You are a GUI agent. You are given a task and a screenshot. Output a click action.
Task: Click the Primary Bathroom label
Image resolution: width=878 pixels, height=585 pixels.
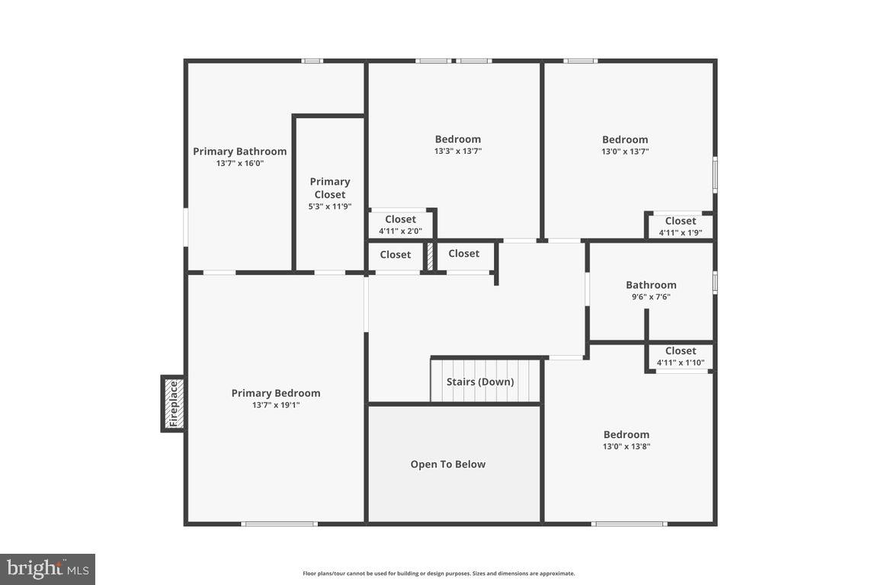tap(239, 151)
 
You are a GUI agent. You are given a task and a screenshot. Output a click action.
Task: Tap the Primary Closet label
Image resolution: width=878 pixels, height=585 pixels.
tap(330, 187)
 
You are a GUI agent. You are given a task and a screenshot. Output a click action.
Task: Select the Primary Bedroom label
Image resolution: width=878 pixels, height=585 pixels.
tap(276, 393)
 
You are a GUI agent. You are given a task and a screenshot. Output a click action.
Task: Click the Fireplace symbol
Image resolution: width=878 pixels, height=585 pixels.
tap(173, 404)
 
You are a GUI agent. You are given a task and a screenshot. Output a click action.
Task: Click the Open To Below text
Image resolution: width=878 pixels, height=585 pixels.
tap(447, 464)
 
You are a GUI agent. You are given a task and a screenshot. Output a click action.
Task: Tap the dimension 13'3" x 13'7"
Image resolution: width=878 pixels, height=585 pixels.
tap(457, 152)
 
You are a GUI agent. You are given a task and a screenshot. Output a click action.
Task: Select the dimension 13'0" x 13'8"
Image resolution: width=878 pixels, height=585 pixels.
tap(626, 447)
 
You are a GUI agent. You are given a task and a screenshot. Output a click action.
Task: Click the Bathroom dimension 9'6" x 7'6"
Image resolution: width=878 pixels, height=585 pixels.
tap(651, 297)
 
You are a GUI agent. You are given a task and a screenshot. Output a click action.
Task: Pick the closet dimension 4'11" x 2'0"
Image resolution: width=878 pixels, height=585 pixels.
tap(400, 232)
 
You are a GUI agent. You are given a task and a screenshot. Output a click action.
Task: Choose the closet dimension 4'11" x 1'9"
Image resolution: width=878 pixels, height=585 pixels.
tap(680, 233)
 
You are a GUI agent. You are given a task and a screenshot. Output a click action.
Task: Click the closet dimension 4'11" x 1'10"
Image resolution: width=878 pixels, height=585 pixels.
tap(680, 363)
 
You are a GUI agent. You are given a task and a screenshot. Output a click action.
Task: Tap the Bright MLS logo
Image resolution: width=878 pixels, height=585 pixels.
tap(47, 568)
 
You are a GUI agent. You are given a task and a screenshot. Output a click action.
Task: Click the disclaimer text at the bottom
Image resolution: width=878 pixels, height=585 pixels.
tap(439, 574)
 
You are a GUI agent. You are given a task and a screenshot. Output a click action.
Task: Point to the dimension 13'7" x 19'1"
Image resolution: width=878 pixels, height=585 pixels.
tap(276, 405)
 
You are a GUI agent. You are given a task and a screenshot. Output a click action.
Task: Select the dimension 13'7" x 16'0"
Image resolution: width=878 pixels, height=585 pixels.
tap(239, 163)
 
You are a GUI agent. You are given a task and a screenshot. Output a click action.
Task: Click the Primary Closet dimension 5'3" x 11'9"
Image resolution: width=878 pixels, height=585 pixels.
tap(330, 206)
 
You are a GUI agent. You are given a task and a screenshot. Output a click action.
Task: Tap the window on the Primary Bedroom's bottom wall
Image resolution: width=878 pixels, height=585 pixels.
tap(279, 523)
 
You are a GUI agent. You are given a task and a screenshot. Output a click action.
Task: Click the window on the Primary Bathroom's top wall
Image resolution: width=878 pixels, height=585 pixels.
tap(312, 61)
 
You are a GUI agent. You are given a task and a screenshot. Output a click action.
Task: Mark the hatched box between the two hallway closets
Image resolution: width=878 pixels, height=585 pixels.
tap(430, 256)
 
